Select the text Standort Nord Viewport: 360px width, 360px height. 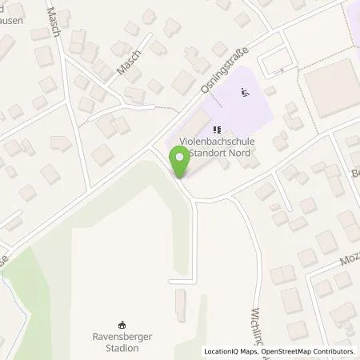pos(220,152)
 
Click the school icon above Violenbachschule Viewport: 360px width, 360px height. pos(215,129)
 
